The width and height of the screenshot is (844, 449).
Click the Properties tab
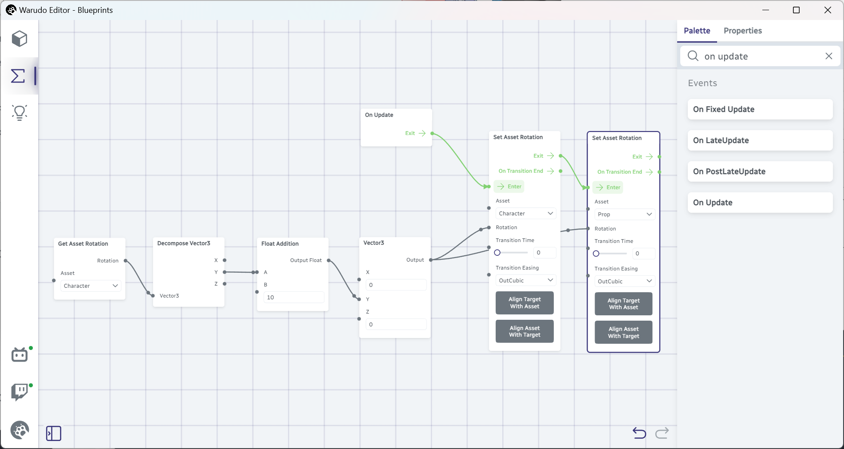(x=742, y=31)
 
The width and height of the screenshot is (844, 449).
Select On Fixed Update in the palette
(x=760, y=109)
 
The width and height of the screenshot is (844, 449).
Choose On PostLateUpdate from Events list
(x=760, y=171)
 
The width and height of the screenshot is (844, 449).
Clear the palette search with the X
(x=828, y=56)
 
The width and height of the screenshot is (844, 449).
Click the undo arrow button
(x=639, y=433)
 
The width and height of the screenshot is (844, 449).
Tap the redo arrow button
(x=662, y=433)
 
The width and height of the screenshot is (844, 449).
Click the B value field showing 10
(x=294, y=298)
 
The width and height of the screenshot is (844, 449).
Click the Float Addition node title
(x=280, y=244)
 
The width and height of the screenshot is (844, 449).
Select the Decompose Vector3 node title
(x=184, y=243)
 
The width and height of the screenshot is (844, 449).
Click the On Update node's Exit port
(x=432, y=133)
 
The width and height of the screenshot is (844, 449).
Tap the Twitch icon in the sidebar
(x=20, y=392)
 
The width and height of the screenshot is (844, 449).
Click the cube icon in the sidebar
(x=20, y=39)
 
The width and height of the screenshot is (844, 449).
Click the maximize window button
(x=796, y=10)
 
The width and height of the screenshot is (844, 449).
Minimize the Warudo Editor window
(x=765, y=10)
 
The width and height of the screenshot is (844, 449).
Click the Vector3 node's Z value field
(x=396, y=325)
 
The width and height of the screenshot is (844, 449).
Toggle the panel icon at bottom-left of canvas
(x=54, y=433)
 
